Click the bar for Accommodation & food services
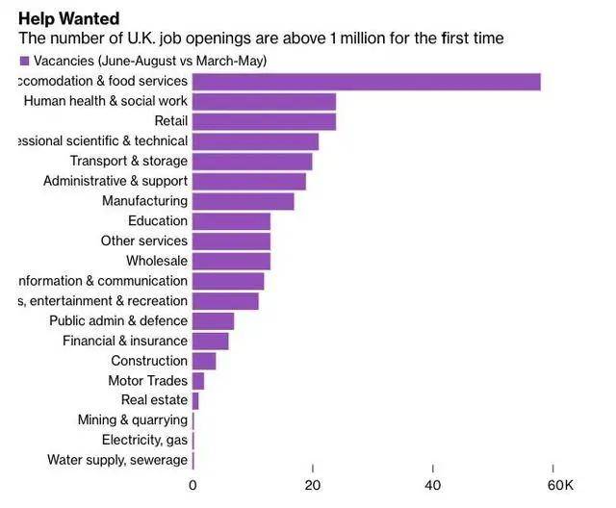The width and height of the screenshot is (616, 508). [x=366, y=82]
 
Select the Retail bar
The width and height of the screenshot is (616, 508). [x=264, y=121]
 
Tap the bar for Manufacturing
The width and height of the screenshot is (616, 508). [x=243, y=201]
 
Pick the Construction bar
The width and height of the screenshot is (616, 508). [x=204, y=361]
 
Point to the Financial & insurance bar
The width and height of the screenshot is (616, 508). [x=210, y=341]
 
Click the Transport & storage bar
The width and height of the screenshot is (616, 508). [x=252, y=162]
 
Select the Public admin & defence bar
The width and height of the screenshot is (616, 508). [x=213, y=320]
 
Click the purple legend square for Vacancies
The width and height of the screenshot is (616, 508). [x=24, y=61]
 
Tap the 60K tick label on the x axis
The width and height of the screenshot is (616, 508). [x=561, y=484]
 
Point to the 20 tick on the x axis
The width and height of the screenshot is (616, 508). [x=313, y=484]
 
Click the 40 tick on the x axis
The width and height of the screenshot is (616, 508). [x=433, y=484]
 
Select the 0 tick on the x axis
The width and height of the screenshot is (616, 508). [x=192, y=484]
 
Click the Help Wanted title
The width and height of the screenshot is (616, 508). [x=68, y=18]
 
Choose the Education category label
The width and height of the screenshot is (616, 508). [x=157, y=221]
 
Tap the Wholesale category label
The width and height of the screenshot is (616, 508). [x=156, y=261]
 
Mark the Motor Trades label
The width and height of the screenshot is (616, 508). [x=147, y=381]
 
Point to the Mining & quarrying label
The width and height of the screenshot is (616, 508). [x=132, y=420]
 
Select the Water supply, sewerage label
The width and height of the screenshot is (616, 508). [x=117, y=460]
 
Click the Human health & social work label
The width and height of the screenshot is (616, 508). [x=105, y=101]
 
